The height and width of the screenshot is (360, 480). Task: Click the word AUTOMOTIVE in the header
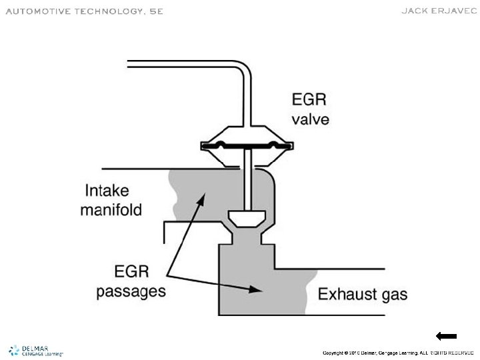tap(33, 11)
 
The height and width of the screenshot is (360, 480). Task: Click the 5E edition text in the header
tap(155, 11)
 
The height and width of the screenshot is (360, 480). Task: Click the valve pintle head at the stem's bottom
tap(247, 217)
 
